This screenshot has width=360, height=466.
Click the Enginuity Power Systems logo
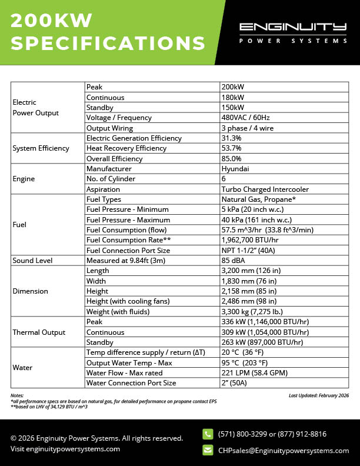292,33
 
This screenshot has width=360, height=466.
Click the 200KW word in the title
52,21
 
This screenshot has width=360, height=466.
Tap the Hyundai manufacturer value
235,169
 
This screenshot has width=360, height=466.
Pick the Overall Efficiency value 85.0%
231,159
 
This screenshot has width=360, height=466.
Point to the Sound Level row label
32,261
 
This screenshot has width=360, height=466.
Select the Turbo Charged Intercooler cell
265,189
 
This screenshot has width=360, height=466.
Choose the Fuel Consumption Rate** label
128,240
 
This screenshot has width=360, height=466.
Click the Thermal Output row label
39,332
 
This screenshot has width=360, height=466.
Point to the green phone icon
208,434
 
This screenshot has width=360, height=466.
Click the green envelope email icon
208,450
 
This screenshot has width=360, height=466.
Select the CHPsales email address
283,451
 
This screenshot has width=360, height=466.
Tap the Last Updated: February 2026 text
319,396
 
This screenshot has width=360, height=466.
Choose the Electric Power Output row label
35,107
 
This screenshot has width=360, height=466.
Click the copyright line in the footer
96,438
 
